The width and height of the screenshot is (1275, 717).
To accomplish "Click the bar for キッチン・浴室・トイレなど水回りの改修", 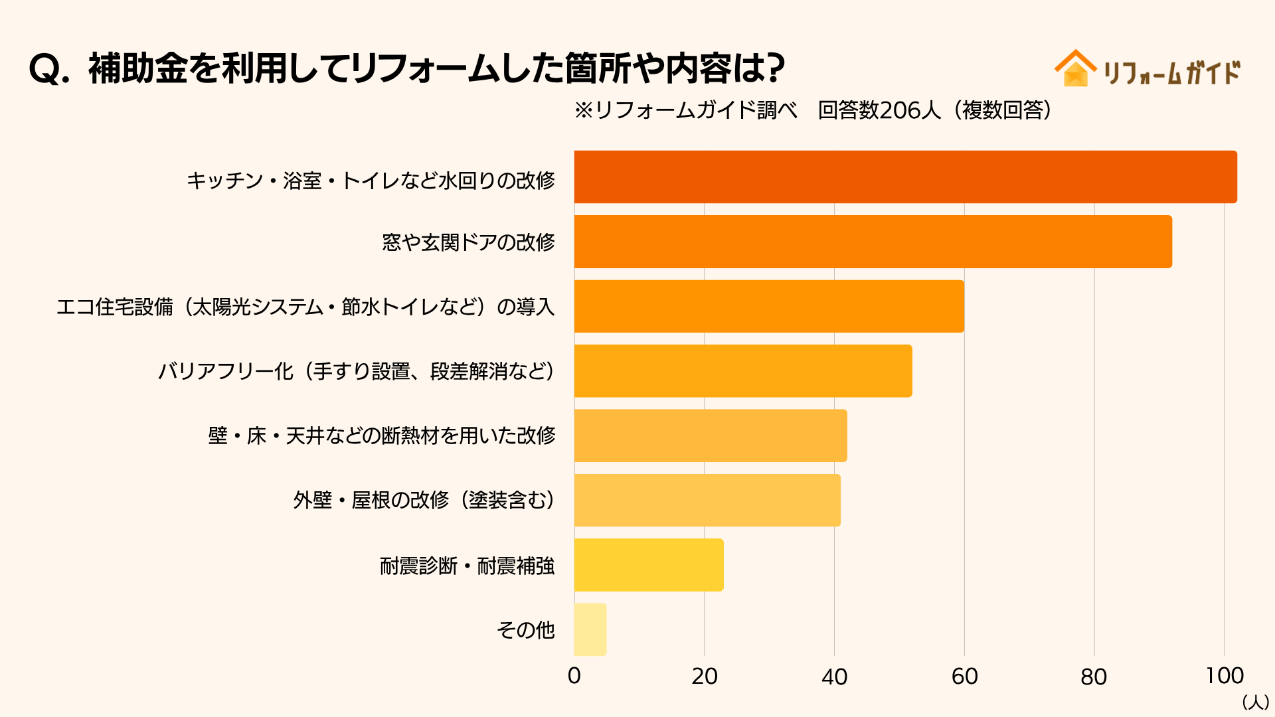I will pos(905,177).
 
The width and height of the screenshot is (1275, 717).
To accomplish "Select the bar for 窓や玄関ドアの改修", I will pos(873,242).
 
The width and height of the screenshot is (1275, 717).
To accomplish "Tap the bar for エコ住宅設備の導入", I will pos(769,306).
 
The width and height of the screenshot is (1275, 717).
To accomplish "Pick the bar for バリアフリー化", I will pos(743,371).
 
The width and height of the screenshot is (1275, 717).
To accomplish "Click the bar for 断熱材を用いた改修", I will pos(711,436).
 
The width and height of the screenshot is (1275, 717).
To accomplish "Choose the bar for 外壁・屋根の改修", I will pos(707,500).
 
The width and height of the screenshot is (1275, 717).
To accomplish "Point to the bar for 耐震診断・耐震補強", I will pos(649,565).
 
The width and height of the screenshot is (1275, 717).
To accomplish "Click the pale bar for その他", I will pos(590,629).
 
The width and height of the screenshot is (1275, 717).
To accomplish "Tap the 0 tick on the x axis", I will pos(574,676).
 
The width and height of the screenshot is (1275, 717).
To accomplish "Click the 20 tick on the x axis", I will pos(705,676).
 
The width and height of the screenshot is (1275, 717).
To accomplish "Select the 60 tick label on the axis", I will pos(964,676).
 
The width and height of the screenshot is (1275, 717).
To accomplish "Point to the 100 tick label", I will pos(1225,676).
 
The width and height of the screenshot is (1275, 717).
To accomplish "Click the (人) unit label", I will pos(1255,702).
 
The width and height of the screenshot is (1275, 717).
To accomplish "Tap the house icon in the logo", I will pos(1075,69).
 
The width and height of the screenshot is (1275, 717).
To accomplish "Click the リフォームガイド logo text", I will pos(1171,72).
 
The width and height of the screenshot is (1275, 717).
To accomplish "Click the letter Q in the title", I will pos(45,69).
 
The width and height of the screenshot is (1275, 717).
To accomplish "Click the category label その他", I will pos(525,629).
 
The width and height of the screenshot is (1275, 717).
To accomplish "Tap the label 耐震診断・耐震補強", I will pos(467,566).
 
